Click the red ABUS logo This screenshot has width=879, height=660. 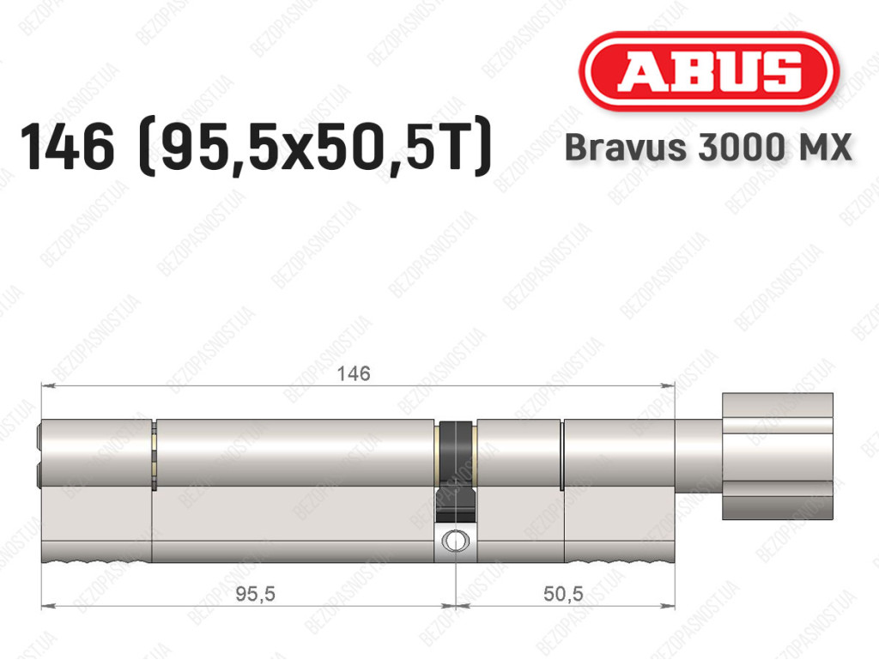(708, 72)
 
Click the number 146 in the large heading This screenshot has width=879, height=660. (67, 147)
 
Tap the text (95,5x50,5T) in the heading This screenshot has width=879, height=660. (315, 147)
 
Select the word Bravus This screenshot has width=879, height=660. (626, 148)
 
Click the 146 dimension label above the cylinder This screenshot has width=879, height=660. (354, 373)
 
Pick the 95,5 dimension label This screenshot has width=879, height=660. (255, 593)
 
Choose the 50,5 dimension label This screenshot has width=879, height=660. (563, 593)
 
